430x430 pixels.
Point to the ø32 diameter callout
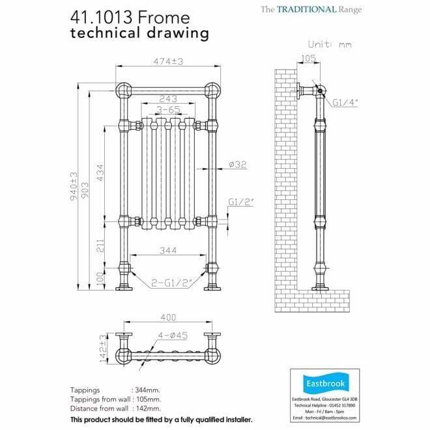(238, 165)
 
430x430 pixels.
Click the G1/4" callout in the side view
(343, 101)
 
